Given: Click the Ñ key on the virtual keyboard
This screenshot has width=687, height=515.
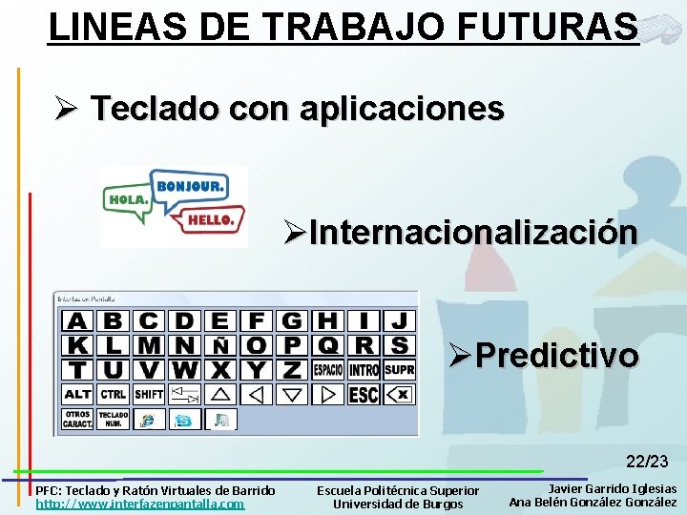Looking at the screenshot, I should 220,345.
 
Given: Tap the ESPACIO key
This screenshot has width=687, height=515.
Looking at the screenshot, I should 327,369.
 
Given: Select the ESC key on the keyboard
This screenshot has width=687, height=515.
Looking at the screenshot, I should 364,394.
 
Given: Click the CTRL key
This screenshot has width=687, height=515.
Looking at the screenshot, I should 114,394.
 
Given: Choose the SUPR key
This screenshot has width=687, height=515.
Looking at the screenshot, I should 400,369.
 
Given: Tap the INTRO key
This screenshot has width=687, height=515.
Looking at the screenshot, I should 364,369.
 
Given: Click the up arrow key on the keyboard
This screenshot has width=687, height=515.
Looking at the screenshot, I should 220,394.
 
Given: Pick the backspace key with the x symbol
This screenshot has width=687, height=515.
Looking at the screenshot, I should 400,394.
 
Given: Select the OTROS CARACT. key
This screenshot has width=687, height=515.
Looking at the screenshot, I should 77,419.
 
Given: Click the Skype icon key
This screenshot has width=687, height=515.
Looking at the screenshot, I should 184,419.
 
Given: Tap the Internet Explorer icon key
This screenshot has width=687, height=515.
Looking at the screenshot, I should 149,419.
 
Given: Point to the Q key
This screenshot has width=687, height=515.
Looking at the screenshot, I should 327,345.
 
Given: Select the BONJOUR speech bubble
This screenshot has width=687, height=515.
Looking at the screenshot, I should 189,186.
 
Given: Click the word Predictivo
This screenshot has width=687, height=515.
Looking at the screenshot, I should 557,356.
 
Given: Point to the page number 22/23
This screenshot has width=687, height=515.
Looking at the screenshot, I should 647,462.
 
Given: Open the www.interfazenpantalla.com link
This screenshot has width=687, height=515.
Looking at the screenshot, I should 140,505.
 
